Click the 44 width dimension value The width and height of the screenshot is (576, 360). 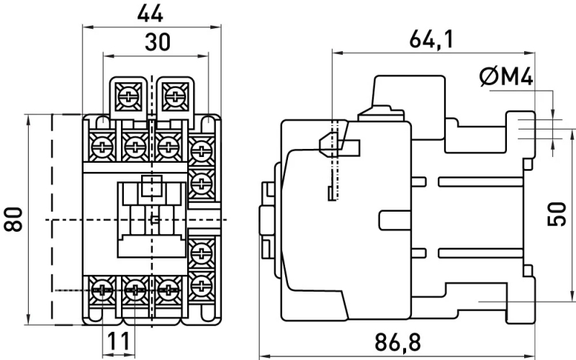[150, 14]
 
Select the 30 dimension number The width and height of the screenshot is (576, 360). [158, 42]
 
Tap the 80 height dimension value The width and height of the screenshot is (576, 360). [13, 220]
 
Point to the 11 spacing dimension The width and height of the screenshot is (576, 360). [119, 340]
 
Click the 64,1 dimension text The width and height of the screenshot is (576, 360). [431, 40]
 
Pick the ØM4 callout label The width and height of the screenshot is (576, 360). [506, 77]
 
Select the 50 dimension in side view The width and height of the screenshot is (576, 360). [557, 214]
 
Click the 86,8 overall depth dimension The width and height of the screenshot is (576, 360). [397, 342]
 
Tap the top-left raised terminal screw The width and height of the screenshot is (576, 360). [127, 96]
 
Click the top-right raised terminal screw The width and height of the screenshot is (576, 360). [173, 96]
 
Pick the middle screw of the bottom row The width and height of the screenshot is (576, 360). [135, 291]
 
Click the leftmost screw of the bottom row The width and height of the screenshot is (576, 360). [102, 291]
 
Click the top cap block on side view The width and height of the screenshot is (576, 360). [409, 91]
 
